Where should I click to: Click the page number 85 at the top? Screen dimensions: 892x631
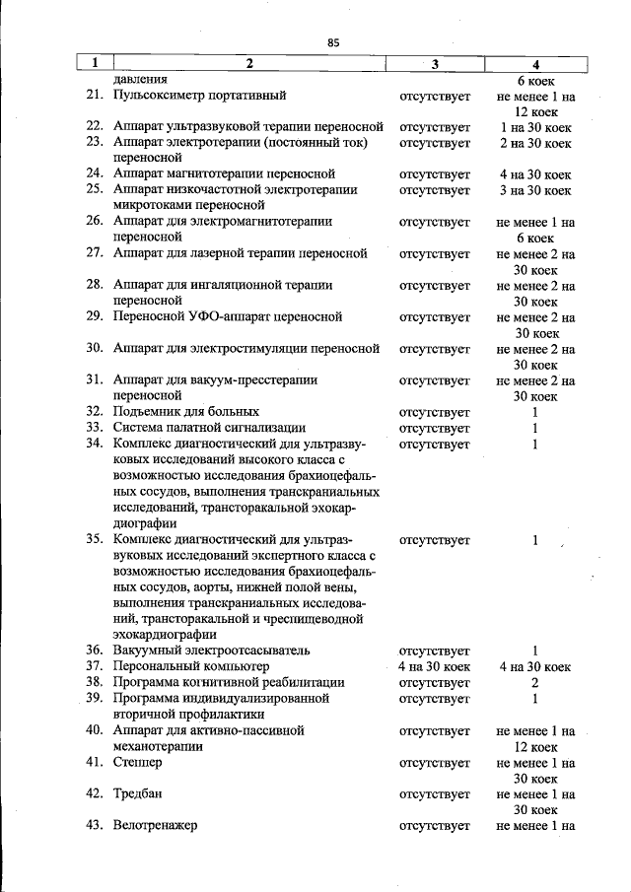click(333, 41)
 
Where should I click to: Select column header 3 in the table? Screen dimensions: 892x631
click(435, 64)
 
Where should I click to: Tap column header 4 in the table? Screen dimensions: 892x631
click(535, 64)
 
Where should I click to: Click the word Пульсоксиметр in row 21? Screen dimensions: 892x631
click(160, 96)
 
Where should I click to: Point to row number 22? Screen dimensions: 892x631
click(94, 127)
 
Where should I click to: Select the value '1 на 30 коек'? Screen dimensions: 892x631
click(535, 127)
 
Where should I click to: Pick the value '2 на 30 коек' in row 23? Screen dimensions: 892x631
click(535, 143)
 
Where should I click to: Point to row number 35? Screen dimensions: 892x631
click(94, 539)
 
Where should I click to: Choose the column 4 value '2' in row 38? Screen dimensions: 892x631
click(534, 682)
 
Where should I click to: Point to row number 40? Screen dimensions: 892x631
click(94, 730)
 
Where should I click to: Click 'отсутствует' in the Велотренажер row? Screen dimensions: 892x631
click(435, 825)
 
